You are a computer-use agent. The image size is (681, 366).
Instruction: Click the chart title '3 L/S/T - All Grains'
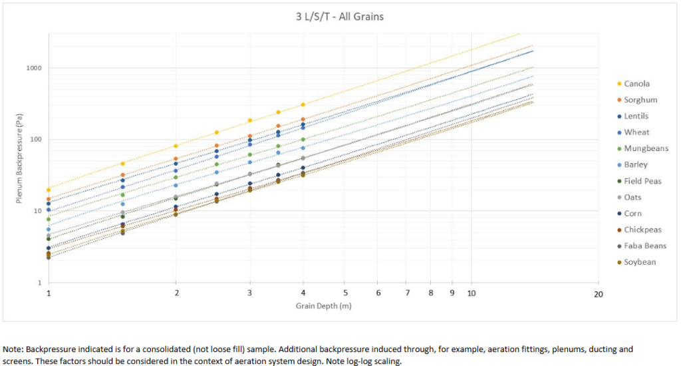pos(340,16)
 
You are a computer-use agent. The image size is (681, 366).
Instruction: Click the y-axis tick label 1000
pos(33,68)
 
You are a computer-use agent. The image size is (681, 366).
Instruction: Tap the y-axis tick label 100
pos(35,140)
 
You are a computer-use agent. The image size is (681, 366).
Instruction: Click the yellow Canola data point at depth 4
pos(303,104)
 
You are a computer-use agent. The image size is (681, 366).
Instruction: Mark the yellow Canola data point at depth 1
pos(49,190)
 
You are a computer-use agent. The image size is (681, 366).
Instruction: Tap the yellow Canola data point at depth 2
pos(176,146)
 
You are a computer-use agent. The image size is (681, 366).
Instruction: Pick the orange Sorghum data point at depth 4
pos(303,120)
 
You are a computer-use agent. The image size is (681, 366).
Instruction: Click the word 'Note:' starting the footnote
pos(13,349)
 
